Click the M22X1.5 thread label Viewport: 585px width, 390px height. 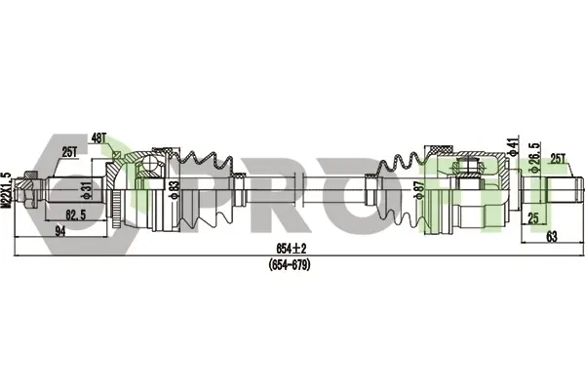(6, 189)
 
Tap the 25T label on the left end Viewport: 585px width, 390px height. (69, 152)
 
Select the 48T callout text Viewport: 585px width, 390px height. (98, 138)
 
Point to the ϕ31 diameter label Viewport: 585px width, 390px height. (86, 190)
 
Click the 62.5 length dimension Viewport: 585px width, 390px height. (76, 214)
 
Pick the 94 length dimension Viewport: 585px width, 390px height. (59, 231)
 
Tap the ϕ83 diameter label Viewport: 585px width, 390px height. (174, 189)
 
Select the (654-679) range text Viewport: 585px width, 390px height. (290, 265)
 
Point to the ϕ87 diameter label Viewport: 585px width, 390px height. (420, 190)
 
